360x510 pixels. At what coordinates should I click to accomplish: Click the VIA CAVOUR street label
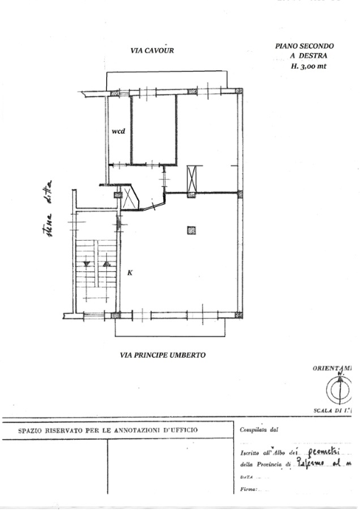[x=152, y=51]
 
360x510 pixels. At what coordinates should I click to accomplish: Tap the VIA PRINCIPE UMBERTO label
[x=162, y=356]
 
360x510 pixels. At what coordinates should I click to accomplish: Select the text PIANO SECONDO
[x=304, y=45]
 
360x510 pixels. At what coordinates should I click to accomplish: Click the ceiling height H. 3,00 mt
[x=308, y=66]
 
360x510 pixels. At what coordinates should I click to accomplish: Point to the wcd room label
[x=118, y=132]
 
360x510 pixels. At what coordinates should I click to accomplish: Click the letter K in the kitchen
[x=130, y=273]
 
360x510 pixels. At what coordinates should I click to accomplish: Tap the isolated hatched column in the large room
[x=191, y=229]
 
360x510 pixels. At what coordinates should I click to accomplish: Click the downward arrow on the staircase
[x=87, y=263]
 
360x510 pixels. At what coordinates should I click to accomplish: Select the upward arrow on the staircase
[x=106, y=263]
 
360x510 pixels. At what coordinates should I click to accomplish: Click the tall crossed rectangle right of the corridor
[x=191, y=178]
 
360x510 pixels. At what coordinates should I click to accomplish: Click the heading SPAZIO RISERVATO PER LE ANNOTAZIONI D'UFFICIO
[x=108, y=430]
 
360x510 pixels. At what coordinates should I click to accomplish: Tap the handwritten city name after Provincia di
[x=310, y=463]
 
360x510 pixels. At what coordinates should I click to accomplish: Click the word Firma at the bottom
[x=249, y=489]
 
